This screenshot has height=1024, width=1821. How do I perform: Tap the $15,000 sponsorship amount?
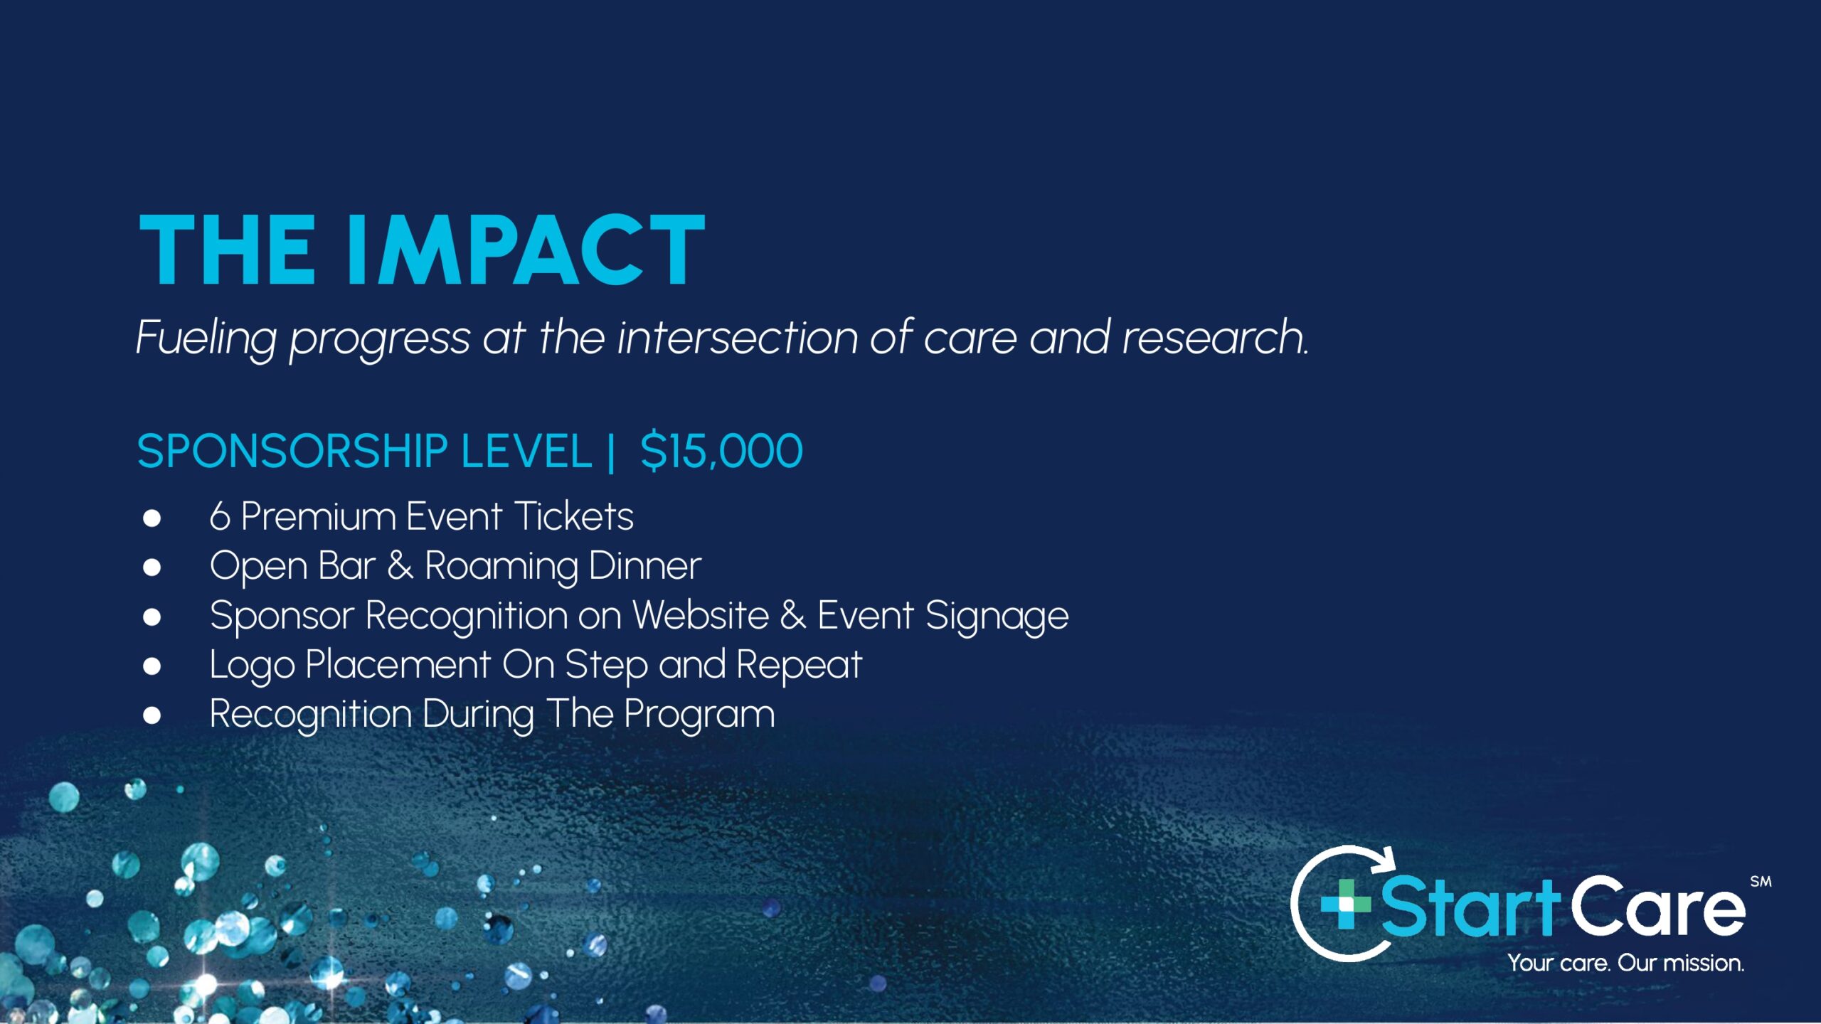pyautogui.click(x=721, y=452)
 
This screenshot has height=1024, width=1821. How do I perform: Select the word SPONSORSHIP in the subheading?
pyautogui.click(x=292, y=451)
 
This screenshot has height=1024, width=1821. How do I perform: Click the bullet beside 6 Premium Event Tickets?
pyautogui.click(x=152, y=518)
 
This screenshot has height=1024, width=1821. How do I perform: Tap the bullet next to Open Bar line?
pyautogui.click(x=152, y=567)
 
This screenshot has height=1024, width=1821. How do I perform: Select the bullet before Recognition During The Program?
pyautogui.click(x=152, y=715)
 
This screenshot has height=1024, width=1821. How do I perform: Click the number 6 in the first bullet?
pyautogui.click(x=220, y=516)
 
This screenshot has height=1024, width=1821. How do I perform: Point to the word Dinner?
pyautogui.click(x=645, y=566)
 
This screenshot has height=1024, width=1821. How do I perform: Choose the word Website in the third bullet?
pyautogui.click(x=701, y=615)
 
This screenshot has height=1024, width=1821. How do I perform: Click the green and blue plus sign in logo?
pyautogui.click(x=1345, y=904)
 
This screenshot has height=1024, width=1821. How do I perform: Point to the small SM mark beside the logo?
pyautogui.click(x=1761, y=882)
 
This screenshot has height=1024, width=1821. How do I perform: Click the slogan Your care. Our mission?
pyautogui.click(x=1626, y=963)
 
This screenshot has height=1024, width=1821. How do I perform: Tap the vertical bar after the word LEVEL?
pyautogui.click(x=611, y=452)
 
